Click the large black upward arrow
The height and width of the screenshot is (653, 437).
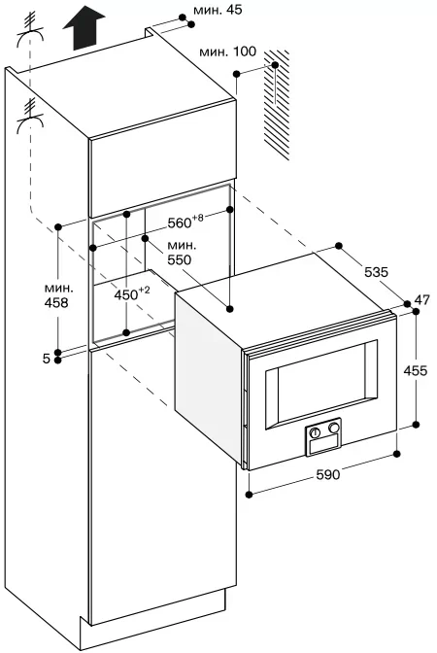[x=84, y=30]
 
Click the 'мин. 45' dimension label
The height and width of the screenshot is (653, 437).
[x=218, y=10]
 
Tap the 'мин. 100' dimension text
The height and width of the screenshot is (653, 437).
[x=228, y=52]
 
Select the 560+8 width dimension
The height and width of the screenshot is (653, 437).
[x=185, y=222]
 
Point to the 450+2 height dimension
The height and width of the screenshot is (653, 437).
[x=132, y=294]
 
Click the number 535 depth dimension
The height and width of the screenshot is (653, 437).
[x=376, y=272]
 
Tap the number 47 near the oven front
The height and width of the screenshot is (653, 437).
[x=422, y=299]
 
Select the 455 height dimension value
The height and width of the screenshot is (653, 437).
[x=416, y=370]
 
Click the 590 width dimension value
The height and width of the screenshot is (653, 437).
[x=328, y=474]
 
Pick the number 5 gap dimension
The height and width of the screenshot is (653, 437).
[x=47, y=359]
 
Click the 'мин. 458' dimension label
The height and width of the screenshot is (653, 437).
[x=56, y=295]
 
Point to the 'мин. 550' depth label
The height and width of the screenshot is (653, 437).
[x=182, y=253]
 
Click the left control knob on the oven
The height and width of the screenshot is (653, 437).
[x=316, y=432]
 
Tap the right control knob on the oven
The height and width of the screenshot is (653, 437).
[x=333, y=428]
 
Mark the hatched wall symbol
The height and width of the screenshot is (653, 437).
[x=277, y=104]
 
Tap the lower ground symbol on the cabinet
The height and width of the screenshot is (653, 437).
[x=30, y=116]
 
